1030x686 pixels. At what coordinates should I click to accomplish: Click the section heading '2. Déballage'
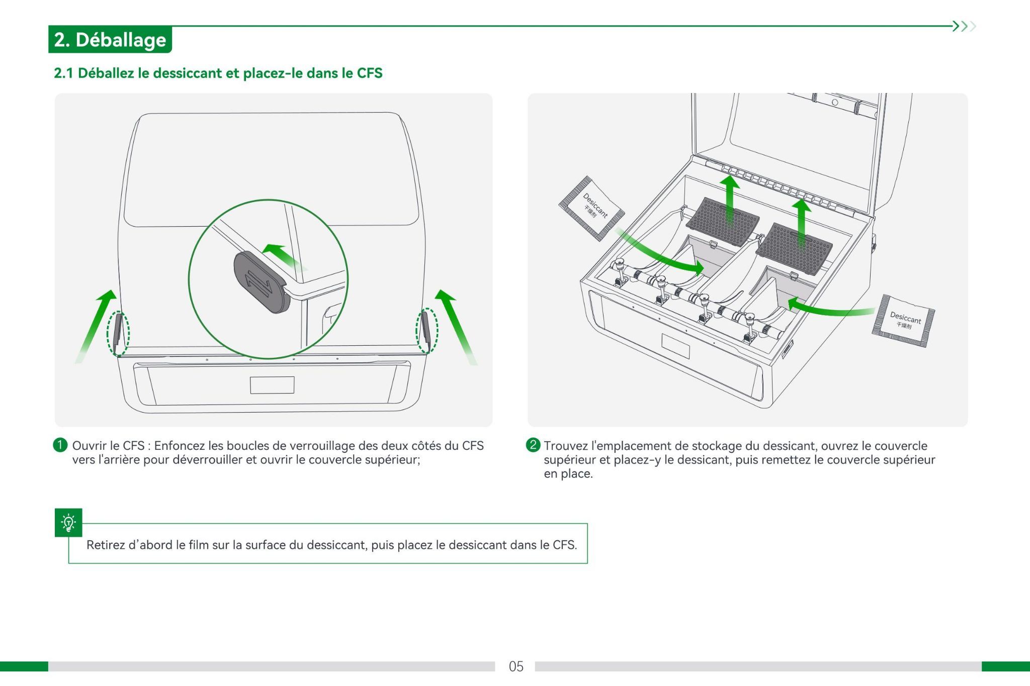(110, 40)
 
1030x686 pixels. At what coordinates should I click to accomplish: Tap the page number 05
(516, 666)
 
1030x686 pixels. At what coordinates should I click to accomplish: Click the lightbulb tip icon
(68, 523)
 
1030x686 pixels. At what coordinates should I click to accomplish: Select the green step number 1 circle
(60, 445)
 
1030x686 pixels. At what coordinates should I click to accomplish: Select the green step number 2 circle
(533, 445)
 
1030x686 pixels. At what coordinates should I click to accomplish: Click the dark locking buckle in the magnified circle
(261, 282)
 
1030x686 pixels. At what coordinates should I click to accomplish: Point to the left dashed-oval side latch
(118, 333)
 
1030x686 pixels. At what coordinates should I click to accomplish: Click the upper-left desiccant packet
(592, 208)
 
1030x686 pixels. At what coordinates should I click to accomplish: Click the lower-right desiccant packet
(904, 321)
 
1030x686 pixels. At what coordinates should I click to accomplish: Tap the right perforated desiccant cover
(794, 248)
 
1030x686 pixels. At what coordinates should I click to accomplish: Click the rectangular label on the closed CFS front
(272, 385)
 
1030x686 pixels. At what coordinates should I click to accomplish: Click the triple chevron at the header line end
(964, 26)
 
